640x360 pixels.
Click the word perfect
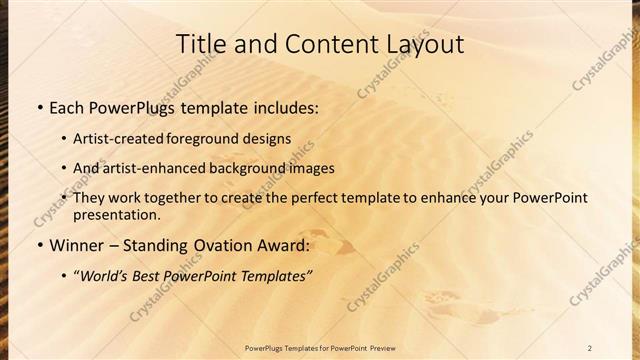[x=314, y=198]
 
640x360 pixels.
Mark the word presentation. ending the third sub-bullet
[x=116, y=215]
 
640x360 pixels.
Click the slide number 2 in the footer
[x=590, y=348]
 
